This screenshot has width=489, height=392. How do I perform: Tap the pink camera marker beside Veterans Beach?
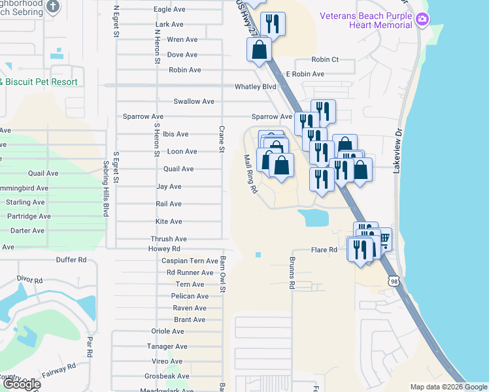[423, 20]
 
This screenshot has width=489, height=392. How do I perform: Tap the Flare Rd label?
[324, 250]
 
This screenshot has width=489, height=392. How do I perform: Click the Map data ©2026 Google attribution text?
[448, 387]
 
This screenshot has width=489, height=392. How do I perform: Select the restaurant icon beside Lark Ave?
[273, 23]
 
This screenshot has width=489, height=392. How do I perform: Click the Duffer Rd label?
[73, 259]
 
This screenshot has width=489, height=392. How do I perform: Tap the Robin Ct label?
[325, 59]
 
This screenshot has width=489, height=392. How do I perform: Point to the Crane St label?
[222, 139]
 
